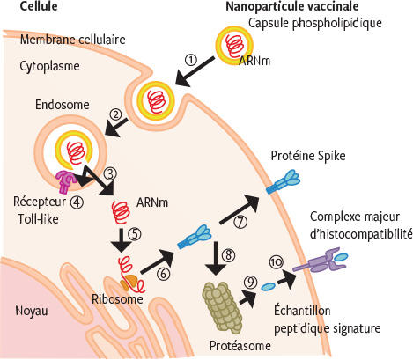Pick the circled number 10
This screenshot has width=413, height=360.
coord(277,262)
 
